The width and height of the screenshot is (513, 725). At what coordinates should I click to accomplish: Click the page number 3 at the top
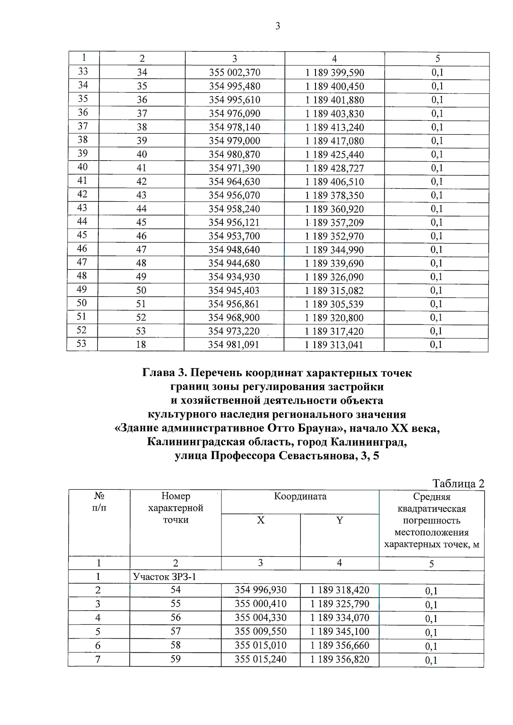(278, 26)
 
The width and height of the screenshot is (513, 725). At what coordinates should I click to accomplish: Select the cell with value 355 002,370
(234, 73)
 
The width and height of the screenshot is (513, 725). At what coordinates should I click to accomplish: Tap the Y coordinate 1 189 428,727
(334, 168)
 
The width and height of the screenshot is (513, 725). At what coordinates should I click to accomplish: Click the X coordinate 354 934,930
(234, 277)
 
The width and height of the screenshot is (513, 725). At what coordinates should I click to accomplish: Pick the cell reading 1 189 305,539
(334, 304)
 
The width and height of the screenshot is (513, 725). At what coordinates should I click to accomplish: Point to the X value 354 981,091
(233, 345)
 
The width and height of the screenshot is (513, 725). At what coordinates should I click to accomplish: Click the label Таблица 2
(458, 484)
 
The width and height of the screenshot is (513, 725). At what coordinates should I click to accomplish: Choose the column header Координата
(300, 496)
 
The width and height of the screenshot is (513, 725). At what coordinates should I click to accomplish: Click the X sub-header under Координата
(260, 520)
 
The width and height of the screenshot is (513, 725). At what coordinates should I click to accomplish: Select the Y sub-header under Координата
(339, 520)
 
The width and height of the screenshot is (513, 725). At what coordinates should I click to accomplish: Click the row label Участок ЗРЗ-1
(165, 577)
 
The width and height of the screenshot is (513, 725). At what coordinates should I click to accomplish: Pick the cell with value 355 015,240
(260, 659)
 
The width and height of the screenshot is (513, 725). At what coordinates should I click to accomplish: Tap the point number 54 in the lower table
(175, 590)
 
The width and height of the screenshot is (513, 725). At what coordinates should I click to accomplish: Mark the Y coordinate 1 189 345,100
(339, 631)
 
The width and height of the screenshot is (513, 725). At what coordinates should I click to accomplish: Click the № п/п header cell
(99, 502)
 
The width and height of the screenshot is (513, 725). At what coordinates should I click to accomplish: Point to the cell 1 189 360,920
(334, 209)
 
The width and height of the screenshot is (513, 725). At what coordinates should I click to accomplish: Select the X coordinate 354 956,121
(234, 223)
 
